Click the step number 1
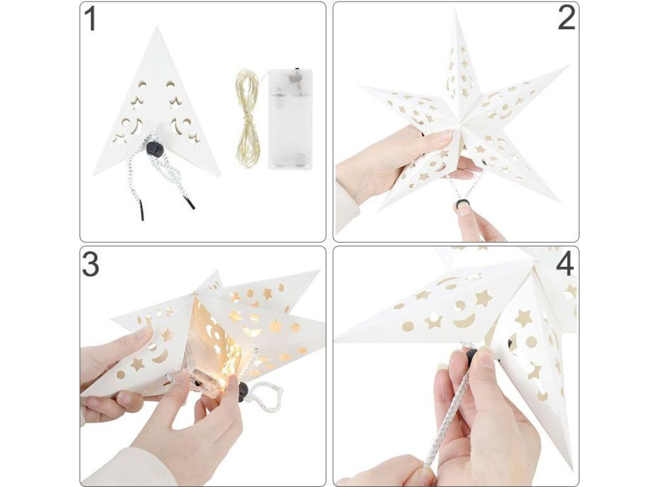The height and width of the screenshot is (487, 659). pyautogui.click(x=90, y=19)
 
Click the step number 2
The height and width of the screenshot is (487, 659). pyautogui.click(x=566, y=18)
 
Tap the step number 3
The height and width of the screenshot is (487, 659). pyautogui.click(x=90, y=264)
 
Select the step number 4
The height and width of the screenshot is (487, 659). pyautogui.click(x=565, y=264)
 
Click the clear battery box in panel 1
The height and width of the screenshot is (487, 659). pyautogui.click(x=290, y=119)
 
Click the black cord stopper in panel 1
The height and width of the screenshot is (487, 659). pyautogui.click(x=154, y=149)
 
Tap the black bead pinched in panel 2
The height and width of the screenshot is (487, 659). pyautogui.click(x=461, y=205)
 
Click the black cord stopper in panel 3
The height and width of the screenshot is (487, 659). pyautogui.click(x=242, y=392)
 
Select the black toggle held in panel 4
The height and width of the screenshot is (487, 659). pyautogui.click(x=472, y=356)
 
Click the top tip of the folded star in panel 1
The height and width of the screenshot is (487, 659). pyautogui.click(x=157, y=26)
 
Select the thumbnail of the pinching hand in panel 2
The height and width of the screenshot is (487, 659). pyautogui.click(x=462, y=209)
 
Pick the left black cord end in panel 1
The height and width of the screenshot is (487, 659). pyautogui.click(x=141, y=212)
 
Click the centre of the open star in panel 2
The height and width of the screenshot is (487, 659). pyautogui.click(x=461, y=123)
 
